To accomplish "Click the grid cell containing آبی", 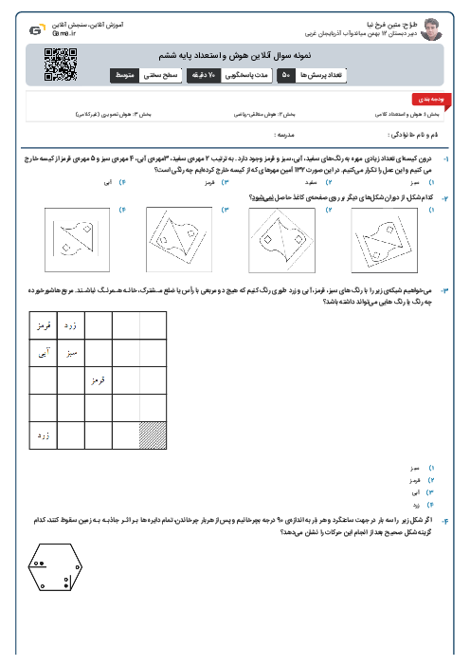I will [x=42, y=352].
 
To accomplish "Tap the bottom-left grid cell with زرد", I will [x=42, y=434].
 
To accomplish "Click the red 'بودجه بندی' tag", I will [x=423, y=98].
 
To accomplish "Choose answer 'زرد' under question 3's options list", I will [x=415, y=507].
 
